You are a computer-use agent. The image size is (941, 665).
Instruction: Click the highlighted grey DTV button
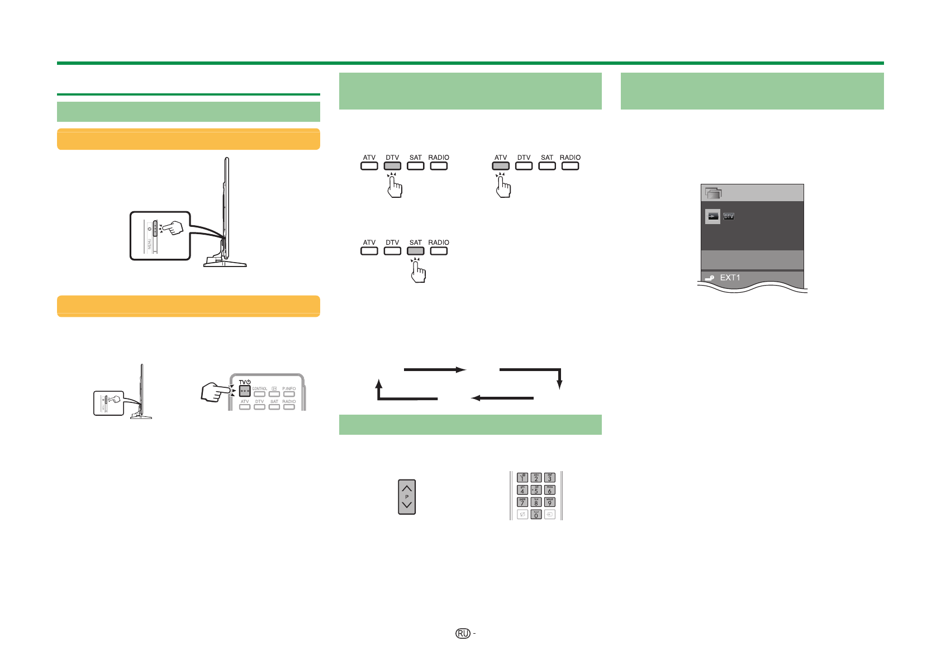click(392, 166)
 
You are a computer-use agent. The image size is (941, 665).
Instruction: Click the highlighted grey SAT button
click(416, 251)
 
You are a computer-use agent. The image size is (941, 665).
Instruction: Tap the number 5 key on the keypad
click(536, 490)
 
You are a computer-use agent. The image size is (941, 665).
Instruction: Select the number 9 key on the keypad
click(549, 502)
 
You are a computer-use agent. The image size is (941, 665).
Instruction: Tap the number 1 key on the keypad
click(522, 477)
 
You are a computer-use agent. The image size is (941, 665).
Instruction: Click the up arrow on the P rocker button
click(407, 488)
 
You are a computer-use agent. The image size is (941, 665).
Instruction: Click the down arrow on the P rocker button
click(407, 505)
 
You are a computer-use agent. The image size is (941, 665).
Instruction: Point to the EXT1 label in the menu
click(730, 278)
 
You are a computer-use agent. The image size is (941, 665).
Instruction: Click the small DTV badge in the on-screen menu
click(729, 216)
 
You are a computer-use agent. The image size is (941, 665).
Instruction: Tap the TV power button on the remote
click(244, 391)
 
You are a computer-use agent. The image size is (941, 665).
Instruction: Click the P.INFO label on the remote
click(289, 388)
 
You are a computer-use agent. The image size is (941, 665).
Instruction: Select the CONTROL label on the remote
click(260, 388)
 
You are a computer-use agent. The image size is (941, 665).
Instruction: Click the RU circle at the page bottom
click(463, 633)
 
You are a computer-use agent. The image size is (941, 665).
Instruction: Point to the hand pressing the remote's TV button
click(215, 392)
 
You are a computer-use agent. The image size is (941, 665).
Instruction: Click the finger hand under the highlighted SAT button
click(418, 272)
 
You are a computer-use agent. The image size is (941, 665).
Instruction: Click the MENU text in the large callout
click(149, 245)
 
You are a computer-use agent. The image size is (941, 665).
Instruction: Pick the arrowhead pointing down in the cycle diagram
click(559, 385)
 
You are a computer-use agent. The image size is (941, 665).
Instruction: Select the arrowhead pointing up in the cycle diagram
click(378, 383)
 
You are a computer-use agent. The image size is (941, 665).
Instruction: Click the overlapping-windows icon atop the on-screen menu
click(714, 193)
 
